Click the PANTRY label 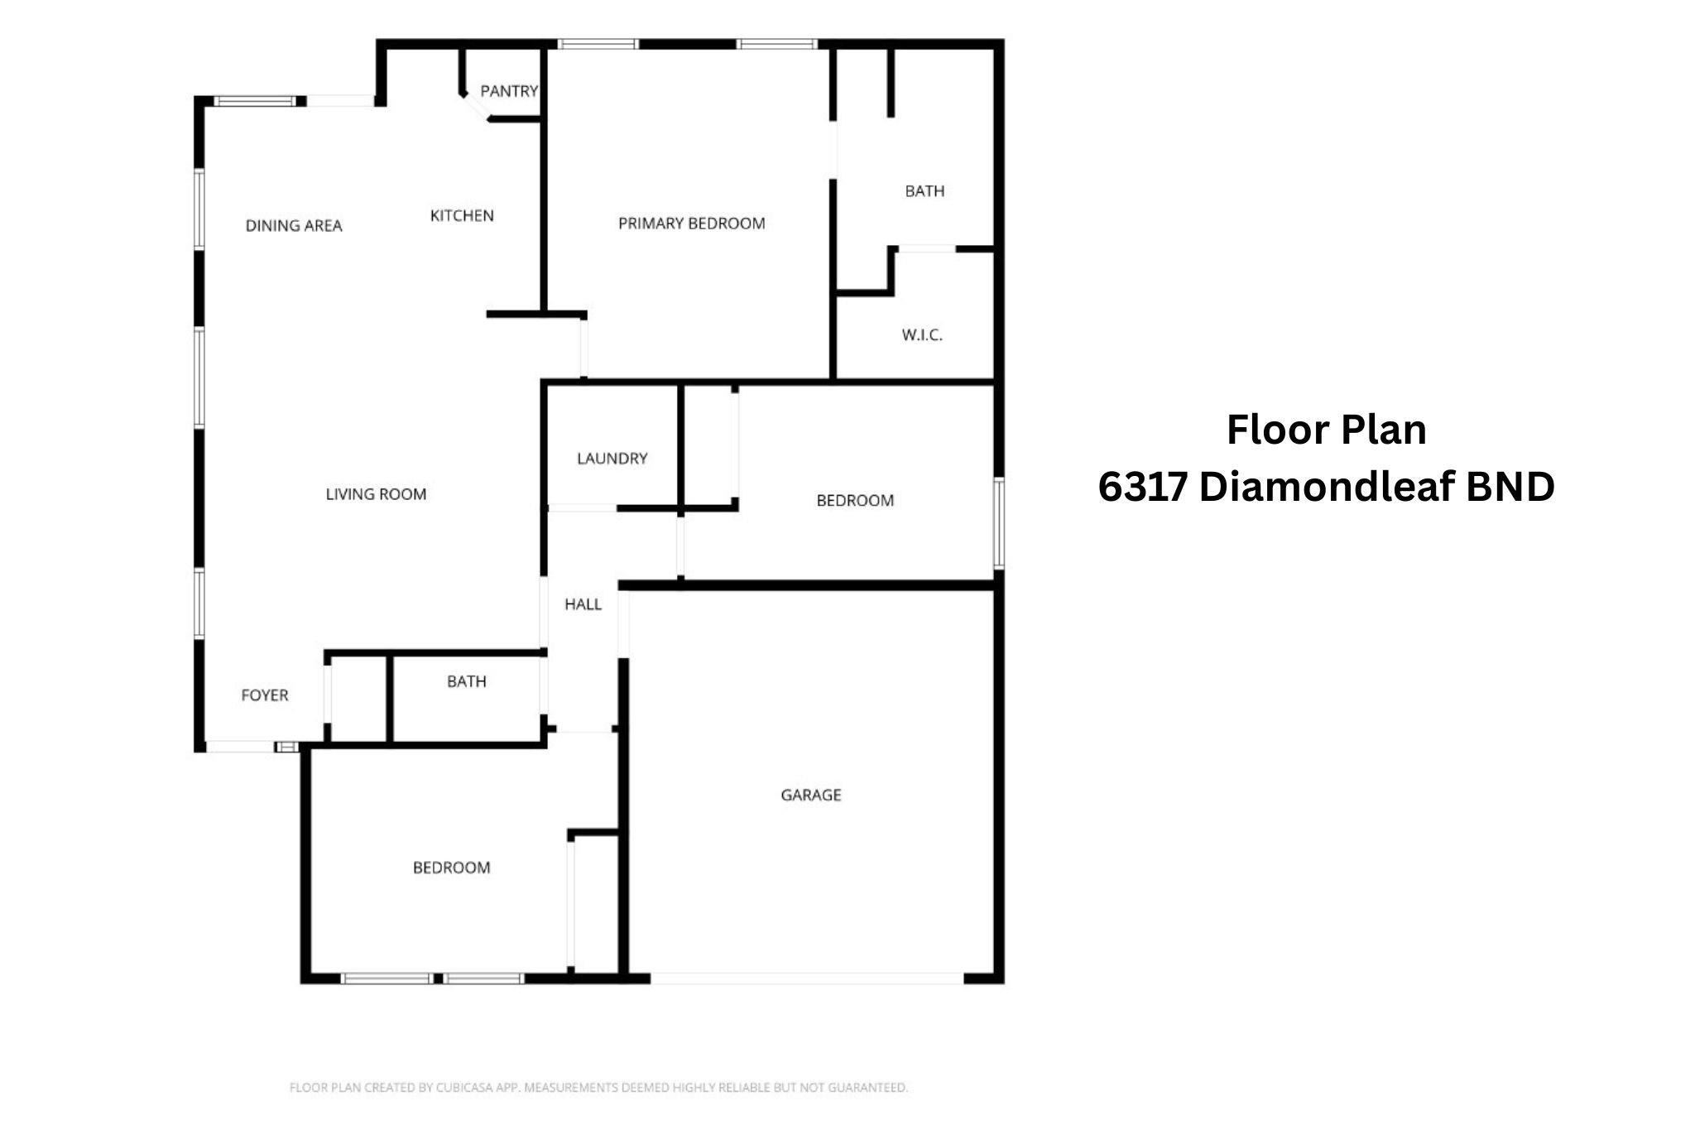pos(509,91)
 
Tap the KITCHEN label pos(462,216)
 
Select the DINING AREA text pos(294,226)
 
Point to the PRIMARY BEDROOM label pos(692,224)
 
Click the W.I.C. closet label pos(922,335)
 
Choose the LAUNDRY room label pos(612,459)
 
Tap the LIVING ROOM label pos(376,494)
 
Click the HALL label pos(583,604)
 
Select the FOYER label pos(265,695)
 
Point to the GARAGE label pos(811,796)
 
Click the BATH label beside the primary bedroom pos(924,191)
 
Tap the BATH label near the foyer pos(467,682)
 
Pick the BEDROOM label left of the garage pos(452,868)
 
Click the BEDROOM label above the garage pos(855,501)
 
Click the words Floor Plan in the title pos(1327,430)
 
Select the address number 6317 pos(1143,487)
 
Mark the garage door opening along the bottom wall pos(807,979)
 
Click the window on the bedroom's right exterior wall pos(999,523)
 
